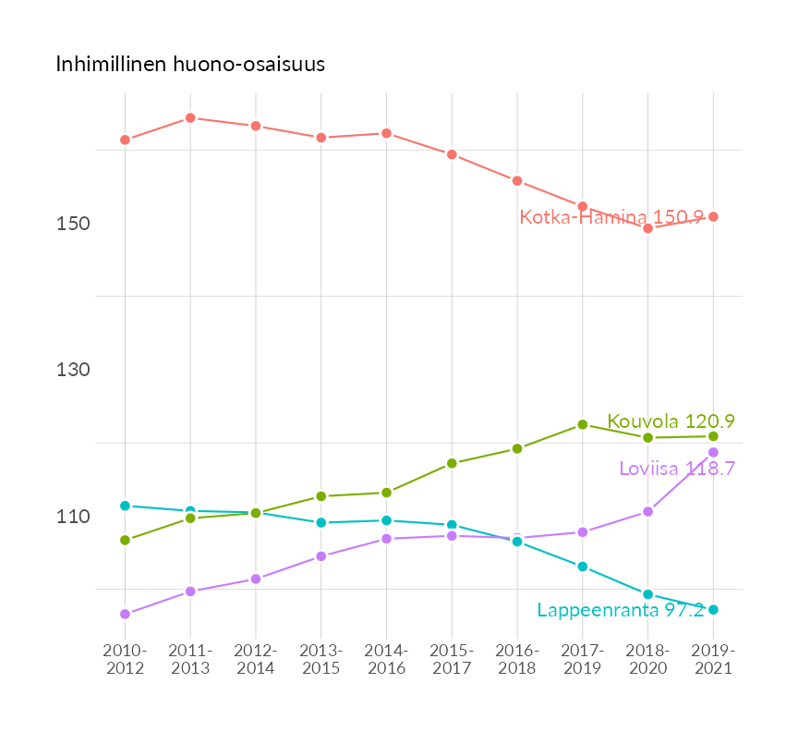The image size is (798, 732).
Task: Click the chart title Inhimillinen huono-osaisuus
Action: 190,65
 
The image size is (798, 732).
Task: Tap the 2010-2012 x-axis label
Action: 125,660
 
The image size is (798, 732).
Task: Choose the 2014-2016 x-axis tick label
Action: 386,660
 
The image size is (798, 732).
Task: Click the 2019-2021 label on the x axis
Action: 713,660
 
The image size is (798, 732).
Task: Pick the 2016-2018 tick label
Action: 517,660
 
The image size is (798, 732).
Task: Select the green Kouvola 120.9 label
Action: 671,421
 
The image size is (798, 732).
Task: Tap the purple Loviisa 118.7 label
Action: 676,469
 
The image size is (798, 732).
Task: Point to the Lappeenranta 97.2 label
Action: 621,611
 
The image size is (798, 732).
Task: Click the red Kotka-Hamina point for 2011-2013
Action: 190,118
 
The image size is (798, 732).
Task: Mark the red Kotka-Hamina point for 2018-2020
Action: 648,228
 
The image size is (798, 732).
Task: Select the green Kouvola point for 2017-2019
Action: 583,425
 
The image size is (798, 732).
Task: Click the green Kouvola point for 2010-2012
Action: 125,541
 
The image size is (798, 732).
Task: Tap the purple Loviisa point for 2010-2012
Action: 125,615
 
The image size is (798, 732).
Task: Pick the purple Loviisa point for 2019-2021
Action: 713,453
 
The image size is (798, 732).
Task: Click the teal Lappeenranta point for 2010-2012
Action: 125,506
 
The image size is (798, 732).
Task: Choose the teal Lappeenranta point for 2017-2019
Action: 583,567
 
